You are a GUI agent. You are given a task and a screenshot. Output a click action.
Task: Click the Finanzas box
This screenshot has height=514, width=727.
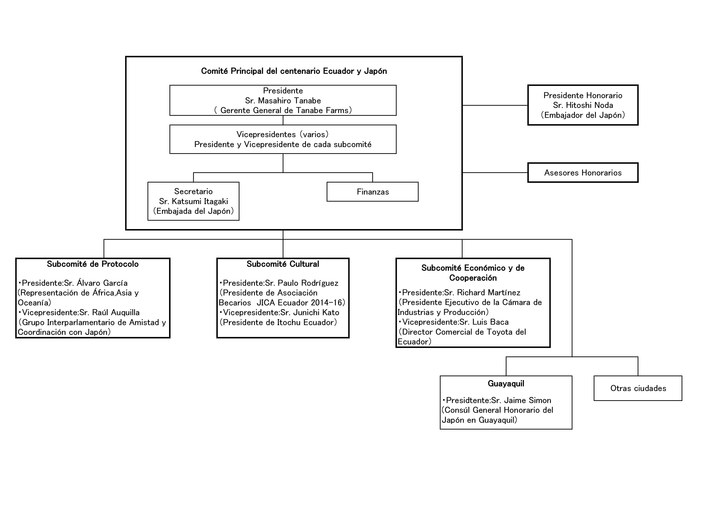coord(372,192)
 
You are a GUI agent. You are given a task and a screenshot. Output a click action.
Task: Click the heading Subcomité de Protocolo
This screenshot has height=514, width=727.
coord(93,264)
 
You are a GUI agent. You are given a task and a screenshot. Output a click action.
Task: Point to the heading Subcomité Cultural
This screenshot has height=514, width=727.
coord(283,264)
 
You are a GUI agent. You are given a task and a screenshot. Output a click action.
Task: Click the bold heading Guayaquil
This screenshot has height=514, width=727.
coord(506,384)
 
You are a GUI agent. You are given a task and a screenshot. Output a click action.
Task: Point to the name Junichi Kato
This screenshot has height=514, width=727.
coord(316,313)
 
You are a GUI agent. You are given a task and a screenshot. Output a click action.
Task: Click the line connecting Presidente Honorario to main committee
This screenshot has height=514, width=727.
coord(495,105)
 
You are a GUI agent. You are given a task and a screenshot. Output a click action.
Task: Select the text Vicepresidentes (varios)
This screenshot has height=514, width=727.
coord(282,135)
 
